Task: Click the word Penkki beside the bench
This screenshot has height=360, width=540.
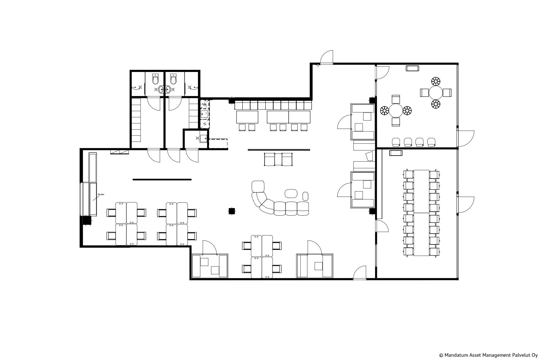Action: tap(101, 194)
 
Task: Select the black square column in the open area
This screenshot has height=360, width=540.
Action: tap(232, 211)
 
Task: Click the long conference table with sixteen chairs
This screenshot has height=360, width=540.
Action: tap(422, 213)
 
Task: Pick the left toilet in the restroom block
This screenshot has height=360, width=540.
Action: tap(156, 79)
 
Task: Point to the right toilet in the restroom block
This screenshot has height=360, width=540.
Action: tap(173, 79)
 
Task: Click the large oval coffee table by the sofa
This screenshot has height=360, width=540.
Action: tap(291, 193)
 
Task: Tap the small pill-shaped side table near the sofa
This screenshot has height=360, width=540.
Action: tap(305, 196)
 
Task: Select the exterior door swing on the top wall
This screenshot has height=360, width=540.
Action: tap(327, 57)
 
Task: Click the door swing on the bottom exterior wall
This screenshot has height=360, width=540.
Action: tap(360, 273)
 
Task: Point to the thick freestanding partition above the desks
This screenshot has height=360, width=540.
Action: tap(162, 179)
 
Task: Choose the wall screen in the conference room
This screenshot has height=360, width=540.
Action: tap(396, 153)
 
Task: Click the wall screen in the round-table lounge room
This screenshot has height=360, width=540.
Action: tap(412, 68)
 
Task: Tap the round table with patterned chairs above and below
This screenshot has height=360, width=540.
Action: tap(436, 93)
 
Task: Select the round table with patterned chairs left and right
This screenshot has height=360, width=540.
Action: tap(396, 111)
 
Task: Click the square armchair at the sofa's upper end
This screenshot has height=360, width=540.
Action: tap(258, 186)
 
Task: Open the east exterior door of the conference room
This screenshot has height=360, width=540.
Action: tap(466, 205)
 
